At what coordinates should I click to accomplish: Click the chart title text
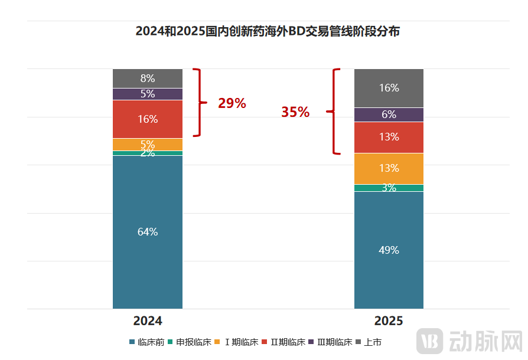pyautogui.click(x=268, y=31)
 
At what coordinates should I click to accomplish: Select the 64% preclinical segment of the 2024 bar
pyautogui.click(x=148, y=232)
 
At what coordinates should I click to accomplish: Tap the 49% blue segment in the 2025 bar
pyautogui.click(x=389, y=250)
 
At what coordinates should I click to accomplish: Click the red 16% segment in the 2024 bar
pyautogui.click(x=148, y=119)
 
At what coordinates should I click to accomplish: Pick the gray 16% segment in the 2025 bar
pyautogui.click(x=389, y=88)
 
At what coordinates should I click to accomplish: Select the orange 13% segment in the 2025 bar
pyautogui.click(x=389, y=168)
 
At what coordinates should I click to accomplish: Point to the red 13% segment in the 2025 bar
pyautogui.click(x=389, y=137)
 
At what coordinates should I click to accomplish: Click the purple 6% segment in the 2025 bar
pyautogui.click(x=389, y=114)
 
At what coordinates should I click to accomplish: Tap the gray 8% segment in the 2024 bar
pyautogui.click(x=148, y=78)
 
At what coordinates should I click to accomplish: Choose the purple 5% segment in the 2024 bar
pyautogui.click(x=148, y=94)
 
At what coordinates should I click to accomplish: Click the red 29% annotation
pyautogui.click(x=232, y=103)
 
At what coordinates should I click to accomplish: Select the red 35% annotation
pyautogui.click(x=295, y=112)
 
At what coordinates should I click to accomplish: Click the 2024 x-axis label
pyautogui.click(x=148, y=321)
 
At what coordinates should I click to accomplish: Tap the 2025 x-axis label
pyautogui.click(x=389, y=321)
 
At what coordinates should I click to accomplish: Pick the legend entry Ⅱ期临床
pyautogui.click(x=288, y=342)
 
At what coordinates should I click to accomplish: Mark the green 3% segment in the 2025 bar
pyautogui.click(x=389, y=188)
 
